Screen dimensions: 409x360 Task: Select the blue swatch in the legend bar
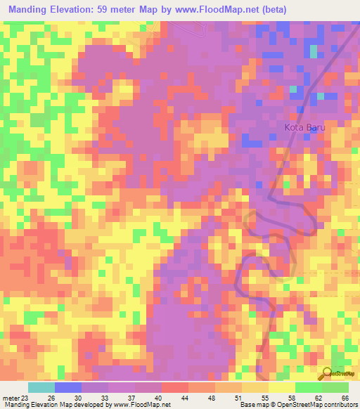(x=67, y=387)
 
